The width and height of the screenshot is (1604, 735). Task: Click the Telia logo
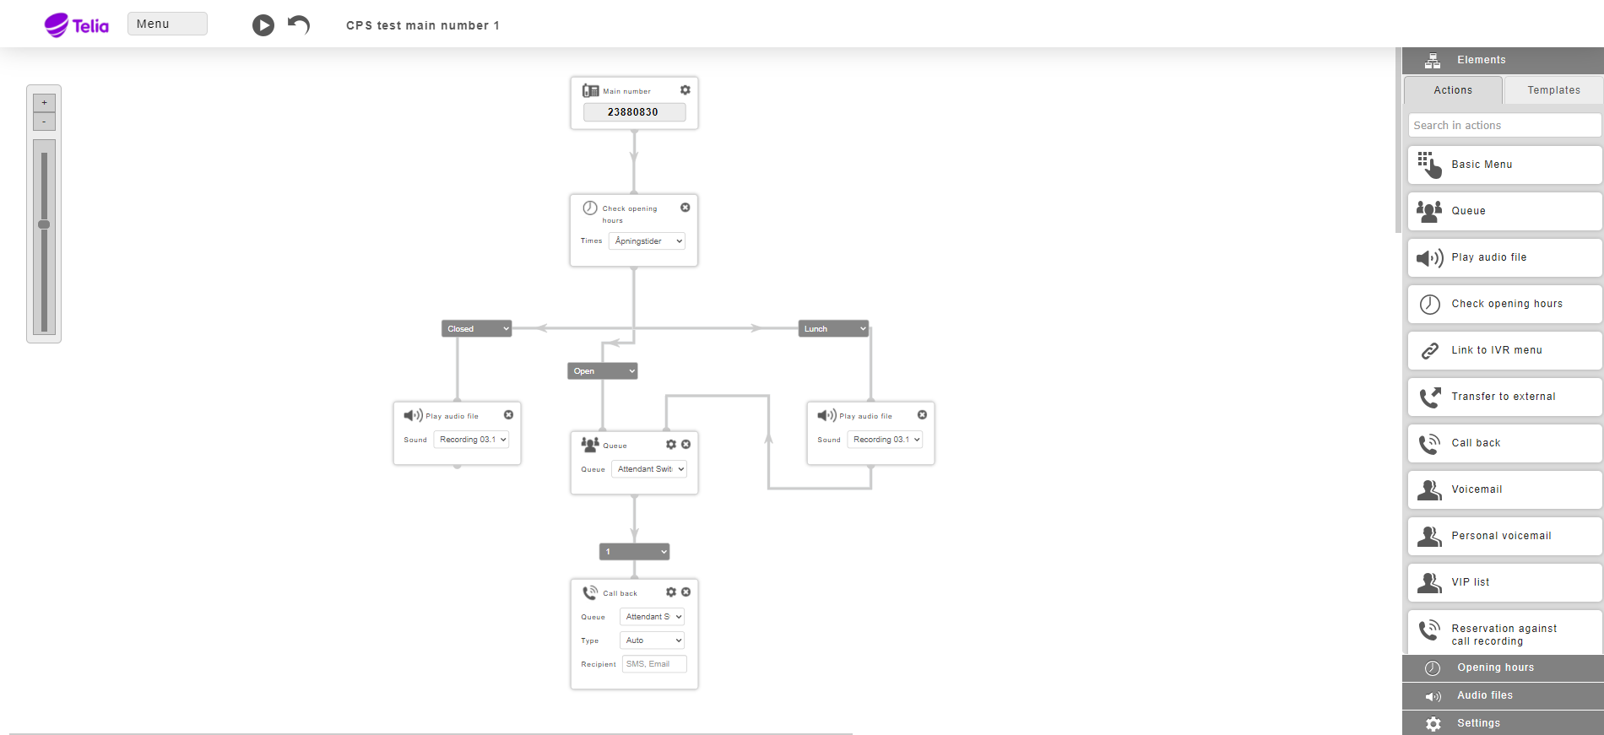tap(76, 25)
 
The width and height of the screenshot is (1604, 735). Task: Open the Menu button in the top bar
tap(167, 24)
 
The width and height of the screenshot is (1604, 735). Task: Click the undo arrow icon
tap(299, 24)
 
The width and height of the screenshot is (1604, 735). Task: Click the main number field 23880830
tap(634, 111)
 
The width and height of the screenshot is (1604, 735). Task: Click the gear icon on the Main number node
tap(685, 90)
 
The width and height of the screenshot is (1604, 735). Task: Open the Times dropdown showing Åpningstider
tap(647, 241)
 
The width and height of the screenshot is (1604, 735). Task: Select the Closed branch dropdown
tap(477, 329)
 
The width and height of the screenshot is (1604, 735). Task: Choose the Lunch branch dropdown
tap(833, 329)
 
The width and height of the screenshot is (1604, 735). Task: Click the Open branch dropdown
tap(603, 371)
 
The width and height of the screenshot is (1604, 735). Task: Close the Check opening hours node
tap(685, 208)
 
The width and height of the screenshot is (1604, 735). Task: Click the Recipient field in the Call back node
tap(654, 664)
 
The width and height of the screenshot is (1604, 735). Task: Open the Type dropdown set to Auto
tap(652, 640)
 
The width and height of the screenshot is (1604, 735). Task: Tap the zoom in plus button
tap(44, 103)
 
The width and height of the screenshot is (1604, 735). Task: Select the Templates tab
tap(1553, 90)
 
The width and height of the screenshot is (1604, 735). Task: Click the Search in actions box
tap(1504, 126)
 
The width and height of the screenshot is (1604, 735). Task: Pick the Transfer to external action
tap(1504, 397)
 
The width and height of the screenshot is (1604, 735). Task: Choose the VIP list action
tap(1504, 582)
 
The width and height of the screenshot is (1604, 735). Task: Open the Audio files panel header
tap(1503, 695)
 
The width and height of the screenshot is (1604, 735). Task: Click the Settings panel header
tap(1503, 723)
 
